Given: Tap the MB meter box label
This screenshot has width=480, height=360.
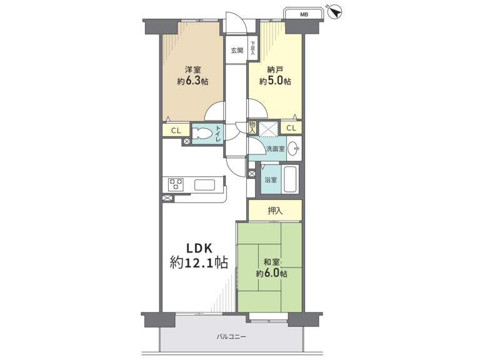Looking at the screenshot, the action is (x=304, y=14).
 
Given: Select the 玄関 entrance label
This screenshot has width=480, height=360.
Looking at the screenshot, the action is (x=237, y=51).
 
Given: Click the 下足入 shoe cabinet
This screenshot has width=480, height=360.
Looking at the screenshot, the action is (x=253, y=48).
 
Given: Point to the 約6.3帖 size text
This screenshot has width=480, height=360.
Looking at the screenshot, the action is (x=193, y=81).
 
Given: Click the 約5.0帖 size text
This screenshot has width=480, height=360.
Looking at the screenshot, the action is (x=275, y=81).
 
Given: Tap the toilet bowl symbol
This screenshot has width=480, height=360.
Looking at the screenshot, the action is (x=202, y=134).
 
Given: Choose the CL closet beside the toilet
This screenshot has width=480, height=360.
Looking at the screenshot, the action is (x=176, y=131).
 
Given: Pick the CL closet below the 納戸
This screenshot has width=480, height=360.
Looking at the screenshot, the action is (x=291, y=128).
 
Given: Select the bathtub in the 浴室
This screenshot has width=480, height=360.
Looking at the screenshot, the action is (x=290, y=179).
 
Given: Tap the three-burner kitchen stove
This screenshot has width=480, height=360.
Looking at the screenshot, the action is (x=176, y=184).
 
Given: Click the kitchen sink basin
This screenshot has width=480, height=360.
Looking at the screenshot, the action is (x=204, y=185).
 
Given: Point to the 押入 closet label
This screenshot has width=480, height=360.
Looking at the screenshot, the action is (x=275, y=211).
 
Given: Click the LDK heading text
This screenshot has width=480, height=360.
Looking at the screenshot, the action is (x=199, y=248).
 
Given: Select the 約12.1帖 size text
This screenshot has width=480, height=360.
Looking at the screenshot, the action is (x=199, y=262).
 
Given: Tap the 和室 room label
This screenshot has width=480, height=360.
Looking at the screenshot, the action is (x=271, y=262).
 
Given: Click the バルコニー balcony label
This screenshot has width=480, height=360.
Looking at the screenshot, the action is (x=231, y=337).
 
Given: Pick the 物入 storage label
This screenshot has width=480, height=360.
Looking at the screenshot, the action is (x=252, y=127).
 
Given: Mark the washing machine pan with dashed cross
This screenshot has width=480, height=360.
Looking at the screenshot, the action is (x=268, y=129).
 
